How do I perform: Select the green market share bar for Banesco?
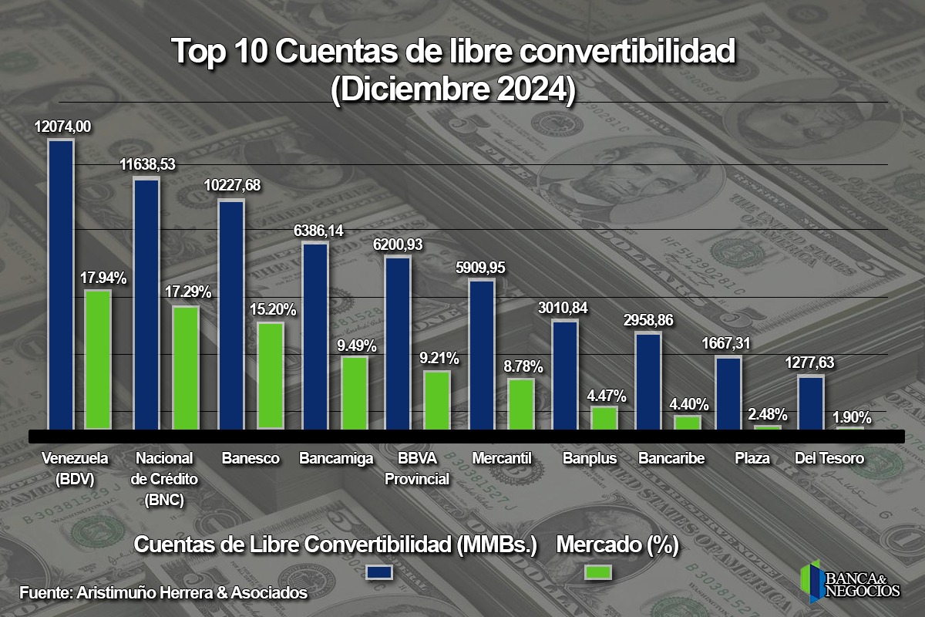271,375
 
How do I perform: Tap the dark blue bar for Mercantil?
482,354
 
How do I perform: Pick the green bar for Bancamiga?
355,393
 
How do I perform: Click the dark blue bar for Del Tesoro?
810,402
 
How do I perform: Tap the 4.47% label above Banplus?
606,396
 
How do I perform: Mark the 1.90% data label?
852,418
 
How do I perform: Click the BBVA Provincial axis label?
417,468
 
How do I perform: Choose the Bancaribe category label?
671,458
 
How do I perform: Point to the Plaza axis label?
752,458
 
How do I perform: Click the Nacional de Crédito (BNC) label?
163,479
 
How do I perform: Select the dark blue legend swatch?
380,572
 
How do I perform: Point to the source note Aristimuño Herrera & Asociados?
163,593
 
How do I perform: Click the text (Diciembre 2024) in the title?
452,89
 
